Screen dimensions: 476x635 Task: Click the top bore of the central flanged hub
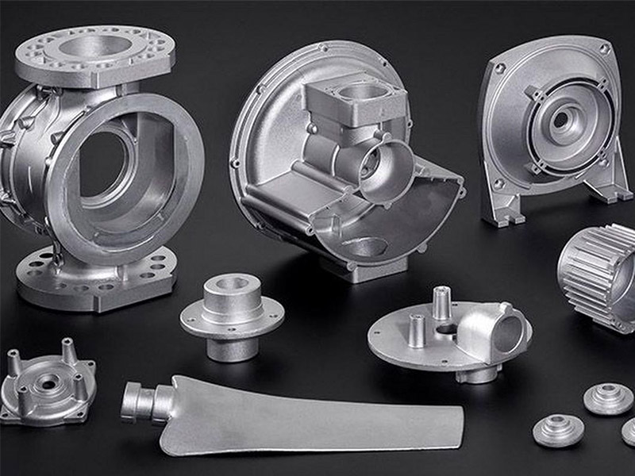pyautogui.click(x=232, y=284)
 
